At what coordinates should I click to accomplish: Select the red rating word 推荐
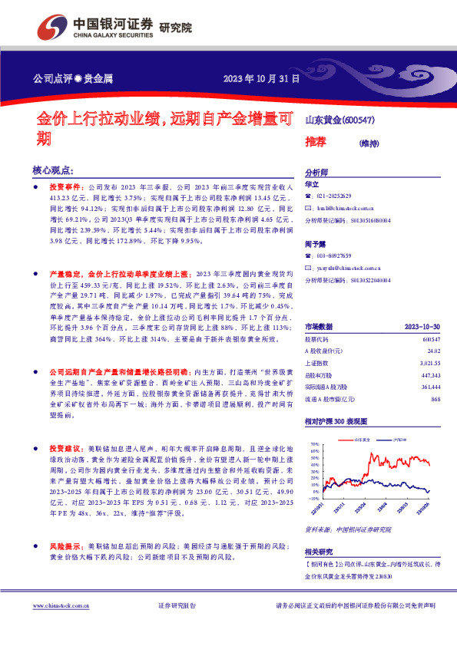coord(316,142)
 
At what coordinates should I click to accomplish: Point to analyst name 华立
coord(312,184)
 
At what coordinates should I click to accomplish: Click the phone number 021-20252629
coord(337,196)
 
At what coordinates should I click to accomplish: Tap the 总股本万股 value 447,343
coord(430,375)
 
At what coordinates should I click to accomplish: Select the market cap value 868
coord(435,399)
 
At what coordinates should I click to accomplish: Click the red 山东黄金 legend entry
coord(362,439)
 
